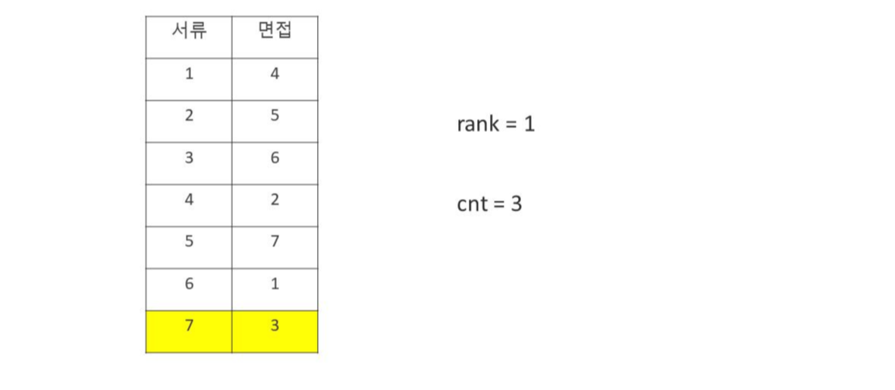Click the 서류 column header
pyautogui.click(x=189, y=32)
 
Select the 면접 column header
pyautogui.click(x=275, y=32)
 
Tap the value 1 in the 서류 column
pyautogui.click(x=189, y=74)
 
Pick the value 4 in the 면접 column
pyautogui.click(x=275, y=74)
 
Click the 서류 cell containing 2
pyautogui.click(x=189, y=116)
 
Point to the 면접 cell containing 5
pyautogui.click(x=275, y=116)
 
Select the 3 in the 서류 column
pyautogui.click(x=189, y=158)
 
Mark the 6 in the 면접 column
pyautogui.click(x=275, y=158)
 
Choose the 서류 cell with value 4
pyautogui.click(x=189, y=200)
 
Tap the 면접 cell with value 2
pyautogui.click(x=275, y=200)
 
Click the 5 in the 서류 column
pyautogui.click(x=189, y=242)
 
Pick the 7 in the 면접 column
pyautogui.click(x=275, y=242)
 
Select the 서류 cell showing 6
pyautogui.click(x=189, y=284)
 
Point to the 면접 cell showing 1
pyautogui.click(x=275, y=284)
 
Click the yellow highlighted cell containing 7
pyautogui.click(x=189, y=326)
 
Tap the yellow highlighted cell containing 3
pyautogui.click(x=275, y=326)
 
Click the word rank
pyautogui.click(x=477, y=124)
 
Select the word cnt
pyautogui.click(x=471, y=204)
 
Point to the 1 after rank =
pyautogui.click(x=529, y=124)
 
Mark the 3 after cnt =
pyautogui.click(x=516, y=204)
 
